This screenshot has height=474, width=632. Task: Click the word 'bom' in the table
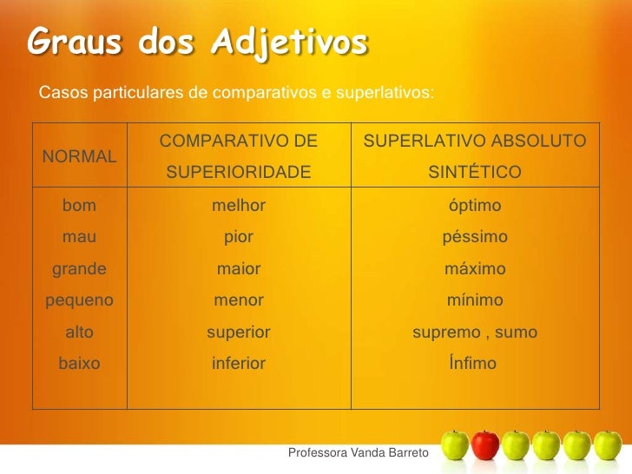[x=79, y=207]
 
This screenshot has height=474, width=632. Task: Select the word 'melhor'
[x=239, y=207]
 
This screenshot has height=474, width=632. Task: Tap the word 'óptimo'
[x=474, y=207]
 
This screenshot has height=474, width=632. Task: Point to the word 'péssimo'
[x=474, y=238]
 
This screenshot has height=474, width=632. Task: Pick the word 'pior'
[x=239, y=238]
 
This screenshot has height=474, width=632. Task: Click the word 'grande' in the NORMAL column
[x=80, y=270]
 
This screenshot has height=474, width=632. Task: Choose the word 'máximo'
[x=474, y=270]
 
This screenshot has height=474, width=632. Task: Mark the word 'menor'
[x=239, y=301]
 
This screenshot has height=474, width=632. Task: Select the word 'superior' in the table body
[x=239, y=332]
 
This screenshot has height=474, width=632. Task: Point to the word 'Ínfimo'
[x=473, y=364]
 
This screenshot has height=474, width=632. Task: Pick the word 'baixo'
[x=79, y=364]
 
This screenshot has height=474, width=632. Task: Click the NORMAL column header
[x=80, y=157]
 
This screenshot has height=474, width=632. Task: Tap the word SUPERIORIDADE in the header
[x=238, y=173]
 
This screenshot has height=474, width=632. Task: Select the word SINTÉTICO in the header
[x=474, y=173]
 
